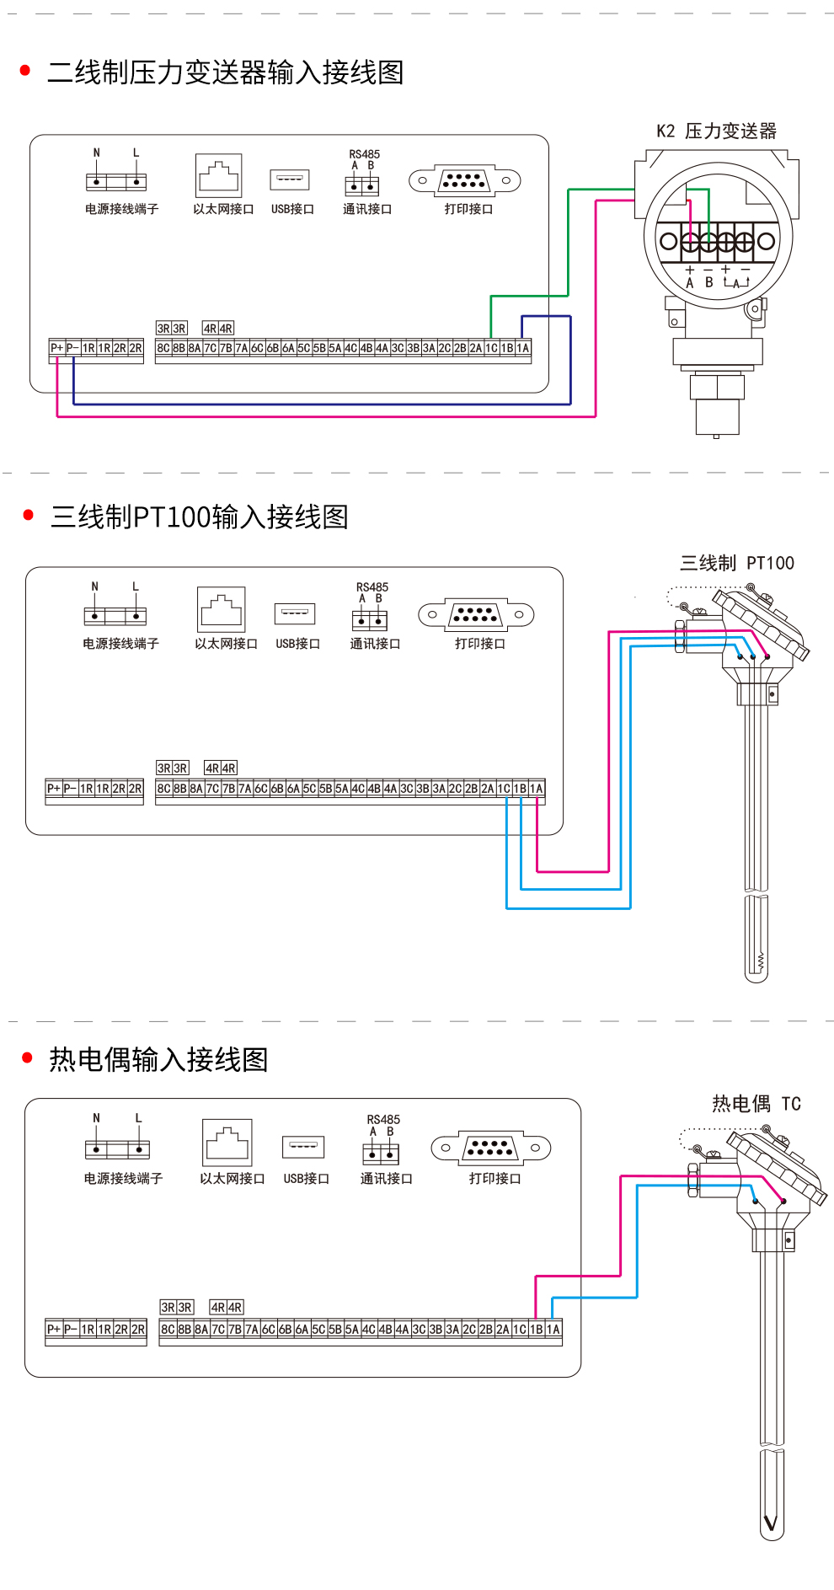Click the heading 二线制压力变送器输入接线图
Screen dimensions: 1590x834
coord(225,72)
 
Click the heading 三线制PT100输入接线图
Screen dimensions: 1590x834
coord(200,517)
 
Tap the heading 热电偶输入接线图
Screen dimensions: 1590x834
coord(158,1059)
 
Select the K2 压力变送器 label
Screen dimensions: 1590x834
coord(716,131)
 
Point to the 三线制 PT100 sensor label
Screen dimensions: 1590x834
coord(737,563)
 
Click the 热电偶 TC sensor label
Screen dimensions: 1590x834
coord(756,1104)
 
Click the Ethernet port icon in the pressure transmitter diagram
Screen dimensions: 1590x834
coord(218,175)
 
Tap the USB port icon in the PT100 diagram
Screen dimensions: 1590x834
coord(295,613)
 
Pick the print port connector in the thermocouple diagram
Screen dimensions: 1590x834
coord(490,1148)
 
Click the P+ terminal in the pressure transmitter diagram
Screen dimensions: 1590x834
coord(56,348)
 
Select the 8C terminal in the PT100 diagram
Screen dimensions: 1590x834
coord(163,789)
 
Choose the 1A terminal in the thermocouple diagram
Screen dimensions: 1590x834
coord(553,1330)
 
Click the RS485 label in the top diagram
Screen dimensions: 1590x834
coord(365,154)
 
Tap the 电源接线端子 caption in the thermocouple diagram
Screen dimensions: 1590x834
coord(123,1179)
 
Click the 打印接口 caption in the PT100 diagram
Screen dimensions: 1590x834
coord(480,644)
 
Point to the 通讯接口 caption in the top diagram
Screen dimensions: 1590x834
coord(367,209)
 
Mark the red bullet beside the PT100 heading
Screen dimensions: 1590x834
coord(29,515)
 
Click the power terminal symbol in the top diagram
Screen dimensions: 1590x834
coord(116,181)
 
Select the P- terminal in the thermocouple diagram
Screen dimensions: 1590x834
coord(71,1330)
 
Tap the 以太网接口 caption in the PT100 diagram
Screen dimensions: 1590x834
coord(226,644)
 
